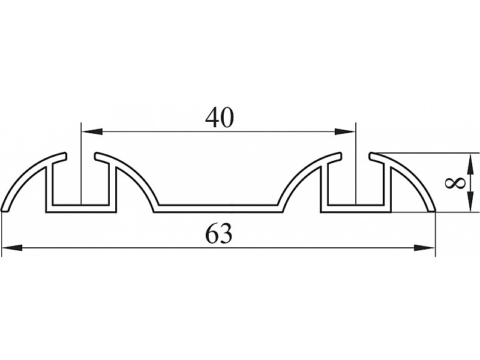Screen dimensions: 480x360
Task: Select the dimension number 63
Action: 219,234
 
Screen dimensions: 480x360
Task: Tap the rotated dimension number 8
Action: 455,184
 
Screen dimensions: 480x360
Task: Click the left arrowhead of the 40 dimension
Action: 92,131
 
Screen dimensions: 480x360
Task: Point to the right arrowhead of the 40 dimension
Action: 345,131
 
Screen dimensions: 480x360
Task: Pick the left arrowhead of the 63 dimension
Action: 12,248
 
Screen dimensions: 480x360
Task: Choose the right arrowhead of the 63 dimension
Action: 424,248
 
